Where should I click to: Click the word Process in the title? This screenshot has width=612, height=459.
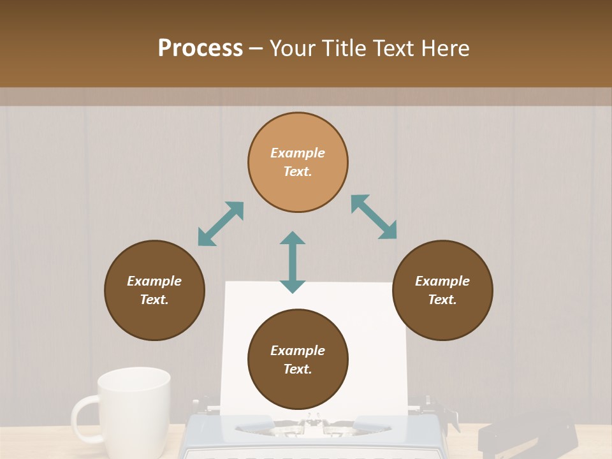(200, 48)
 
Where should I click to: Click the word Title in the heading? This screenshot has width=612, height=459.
(344, 48)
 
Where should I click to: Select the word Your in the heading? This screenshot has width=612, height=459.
(293, 48)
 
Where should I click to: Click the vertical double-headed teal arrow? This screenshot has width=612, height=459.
(293, 262)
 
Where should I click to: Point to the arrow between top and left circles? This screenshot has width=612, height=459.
(221, 224)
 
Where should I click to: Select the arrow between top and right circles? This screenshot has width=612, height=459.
(374, 217)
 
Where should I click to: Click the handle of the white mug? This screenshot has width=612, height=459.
(85, 418)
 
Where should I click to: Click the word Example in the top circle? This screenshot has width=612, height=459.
(298, 153)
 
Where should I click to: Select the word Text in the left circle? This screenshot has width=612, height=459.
(154, 300)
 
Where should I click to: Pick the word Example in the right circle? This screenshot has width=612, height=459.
(442, 281)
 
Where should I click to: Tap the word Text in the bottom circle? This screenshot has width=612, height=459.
(298, 369)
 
